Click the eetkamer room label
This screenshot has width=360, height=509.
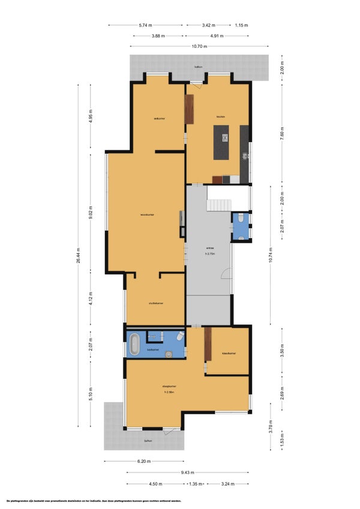tap(159, 118)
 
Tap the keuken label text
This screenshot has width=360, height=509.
tap(221, 116)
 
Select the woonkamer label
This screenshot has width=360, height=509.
tap(148, 215)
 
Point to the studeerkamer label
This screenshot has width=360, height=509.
tap(157, 303)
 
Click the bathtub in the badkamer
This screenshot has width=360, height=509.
tap(134, 345)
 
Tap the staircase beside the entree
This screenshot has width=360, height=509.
tap(219, 199)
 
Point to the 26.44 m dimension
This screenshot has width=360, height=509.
tap(78, 257)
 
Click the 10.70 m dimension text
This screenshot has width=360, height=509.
tap(199, 46)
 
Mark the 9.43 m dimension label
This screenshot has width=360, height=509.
tap(188, 472)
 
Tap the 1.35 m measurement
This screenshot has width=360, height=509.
tap(196, 484)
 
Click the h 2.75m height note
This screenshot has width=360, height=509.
tap(210, 254)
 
